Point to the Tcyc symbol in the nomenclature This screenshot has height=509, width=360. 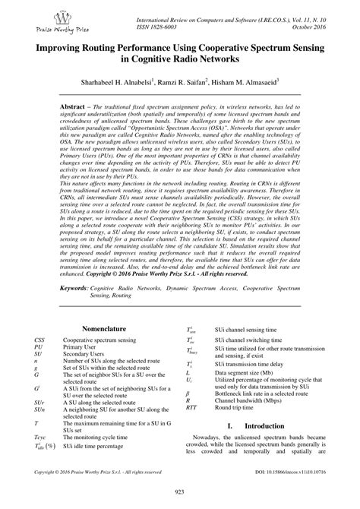(x=40, y=438)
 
